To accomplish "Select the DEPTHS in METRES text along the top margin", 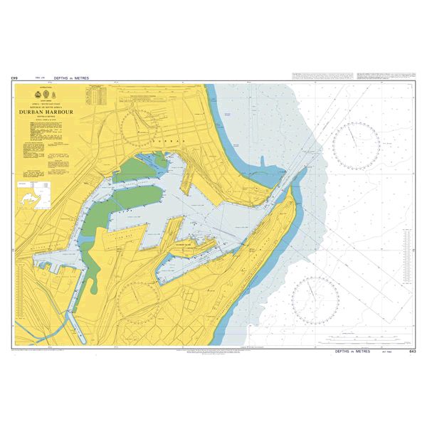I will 79,77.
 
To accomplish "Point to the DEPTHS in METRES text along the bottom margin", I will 354,352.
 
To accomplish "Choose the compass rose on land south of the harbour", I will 141,299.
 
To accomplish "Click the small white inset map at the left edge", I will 33,194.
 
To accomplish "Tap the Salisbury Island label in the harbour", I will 183,243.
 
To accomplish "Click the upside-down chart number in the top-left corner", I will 14,77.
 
